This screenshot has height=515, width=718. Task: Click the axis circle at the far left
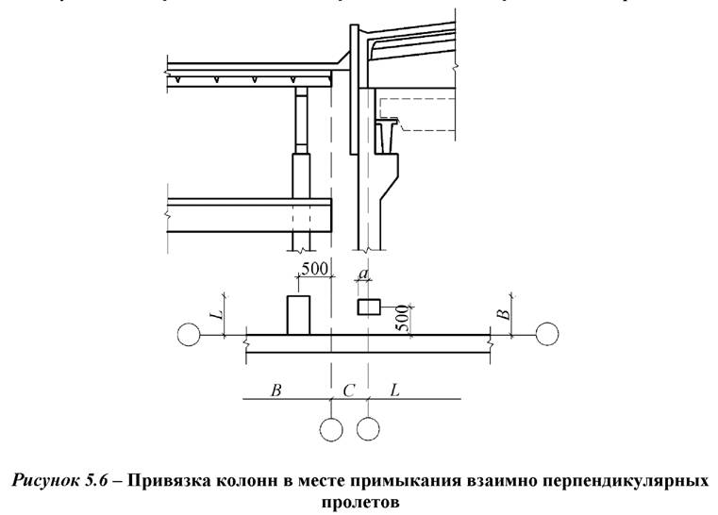188,334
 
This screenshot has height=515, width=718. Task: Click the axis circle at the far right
547,334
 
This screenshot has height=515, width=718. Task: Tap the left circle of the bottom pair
331,429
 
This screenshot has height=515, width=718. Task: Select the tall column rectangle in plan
298,314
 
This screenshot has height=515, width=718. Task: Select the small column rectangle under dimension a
367,307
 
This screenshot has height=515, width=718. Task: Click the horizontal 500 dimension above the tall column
314,268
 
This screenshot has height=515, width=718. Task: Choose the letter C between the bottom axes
348,389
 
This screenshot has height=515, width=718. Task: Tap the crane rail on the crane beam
389,124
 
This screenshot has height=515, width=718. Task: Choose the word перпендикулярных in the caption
633,481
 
